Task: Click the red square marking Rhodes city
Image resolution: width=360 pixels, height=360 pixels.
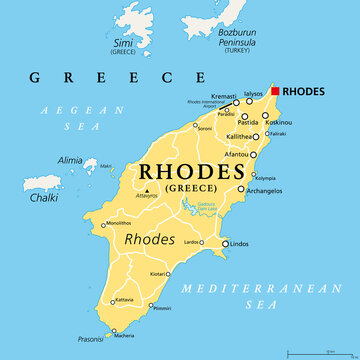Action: (x=276, y=90)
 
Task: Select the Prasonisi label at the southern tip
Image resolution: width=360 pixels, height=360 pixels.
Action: (x=90, y=338)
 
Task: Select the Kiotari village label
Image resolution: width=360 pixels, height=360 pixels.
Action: (x=158, y=274)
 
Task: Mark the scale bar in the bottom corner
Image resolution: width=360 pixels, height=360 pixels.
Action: (x=316, y=352)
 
